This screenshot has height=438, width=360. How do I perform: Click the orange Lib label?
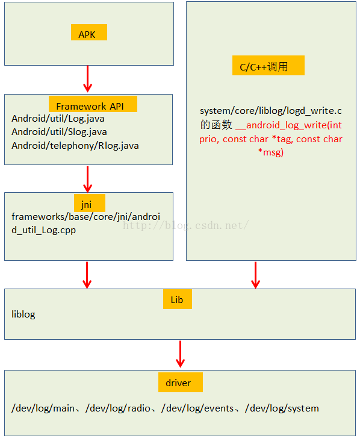pyautogui.click(x=177, y=299)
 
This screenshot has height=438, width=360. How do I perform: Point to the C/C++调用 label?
pyautogui.click(x=268, y=66)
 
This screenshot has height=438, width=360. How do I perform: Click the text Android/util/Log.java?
pyautogui.click(x=58, y=119)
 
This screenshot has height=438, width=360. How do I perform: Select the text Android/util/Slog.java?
pyautogui.click(x=59, y=132)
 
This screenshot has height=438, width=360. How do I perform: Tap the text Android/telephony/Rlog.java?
pyautogui.click(x=75, y=145)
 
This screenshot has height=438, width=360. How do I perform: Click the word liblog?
pyautogui.click(x=23, y=314)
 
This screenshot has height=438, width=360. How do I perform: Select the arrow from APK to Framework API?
pyautogui.click(x=88, y=78)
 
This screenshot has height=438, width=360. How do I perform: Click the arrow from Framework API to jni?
pyautogui.click(x=88, y=178)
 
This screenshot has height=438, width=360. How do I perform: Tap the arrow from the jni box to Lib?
pyautogui.click(x=88, y=275)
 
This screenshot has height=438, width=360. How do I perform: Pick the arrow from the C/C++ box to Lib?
pyautogui.click(x=255, y=275)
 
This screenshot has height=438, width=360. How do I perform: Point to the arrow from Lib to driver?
pyautogui.click(x=179, y=354)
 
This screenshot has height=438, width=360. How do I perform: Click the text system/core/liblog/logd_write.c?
pyautogui.click(x=271, y=111)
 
